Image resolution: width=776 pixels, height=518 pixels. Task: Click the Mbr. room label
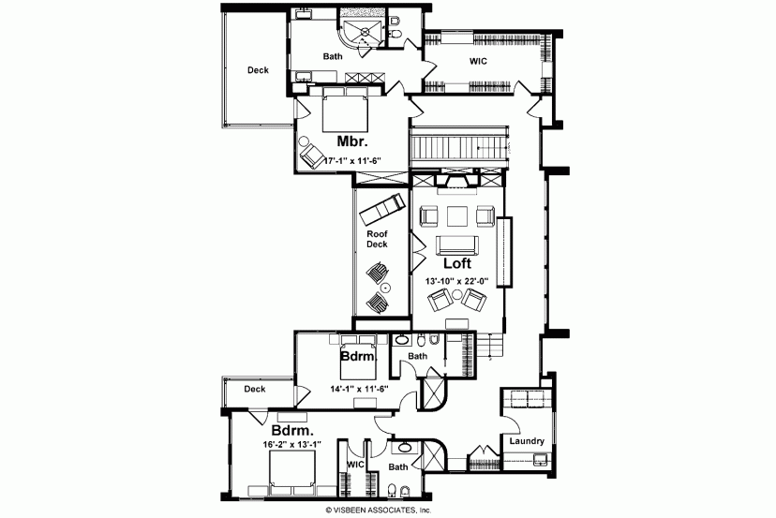(x=352, y=141)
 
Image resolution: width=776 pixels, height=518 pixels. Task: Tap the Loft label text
(x=456, y=262)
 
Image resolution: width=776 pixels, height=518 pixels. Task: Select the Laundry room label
(x=527, y=441)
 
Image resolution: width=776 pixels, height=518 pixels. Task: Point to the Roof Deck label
(x=377, y=239)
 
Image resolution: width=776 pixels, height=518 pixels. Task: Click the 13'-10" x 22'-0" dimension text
(x=457, y=281)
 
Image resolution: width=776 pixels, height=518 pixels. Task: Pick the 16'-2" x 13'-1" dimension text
(x=292, y=444)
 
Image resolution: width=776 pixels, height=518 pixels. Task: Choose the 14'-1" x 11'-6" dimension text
(x=359, y=389)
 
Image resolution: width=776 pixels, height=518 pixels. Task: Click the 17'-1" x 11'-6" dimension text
(x=352, y=161)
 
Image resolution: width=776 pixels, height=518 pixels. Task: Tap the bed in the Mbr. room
(x=345, y=110)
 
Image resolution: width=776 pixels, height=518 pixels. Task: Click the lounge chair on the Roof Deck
(x=382, y=208)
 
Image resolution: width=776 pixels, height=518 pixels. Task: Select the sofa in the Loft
(x=456, y=245)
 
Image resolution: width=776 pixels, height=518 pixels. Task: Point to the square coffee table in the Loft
(x=457, y=216)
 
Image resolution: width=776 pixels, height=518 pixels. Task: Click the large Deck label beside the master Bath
(x=258, y=70)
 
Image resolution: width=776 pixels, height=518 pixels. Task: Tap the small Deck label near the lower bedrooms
(x=254, y=390)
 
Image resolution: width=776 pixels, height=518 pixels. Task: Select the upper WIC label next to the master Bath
(x=478, y=61)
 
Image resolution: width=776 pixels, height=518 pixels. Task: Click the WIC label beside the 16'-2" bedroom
(x=355, y=465)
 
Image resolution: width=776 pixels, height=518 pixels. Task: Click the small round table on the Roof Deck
(x=385, y=287)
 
